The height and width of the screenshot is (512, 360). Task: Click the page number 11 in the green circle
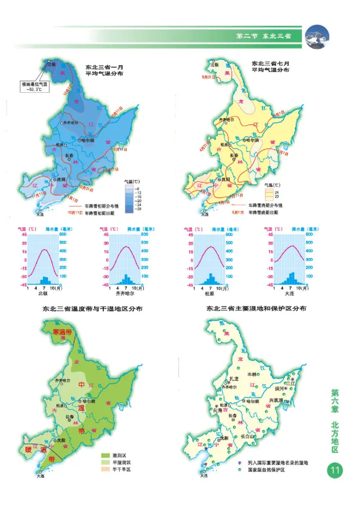tap(335, 471)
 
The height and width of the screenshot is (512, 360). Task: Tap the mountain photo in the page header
tap(317, 36)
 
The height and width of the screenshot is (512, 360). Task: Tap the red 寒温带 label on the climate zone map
tap(63, 332)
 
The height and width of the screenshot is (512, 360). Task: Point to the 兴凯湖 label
tap(276, 400)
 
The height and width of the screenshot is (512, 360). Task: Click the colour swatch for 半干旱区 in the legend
tap(107, 469)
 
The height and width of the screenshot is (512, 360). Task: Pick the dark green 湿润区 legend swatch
tap(107, 455)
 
